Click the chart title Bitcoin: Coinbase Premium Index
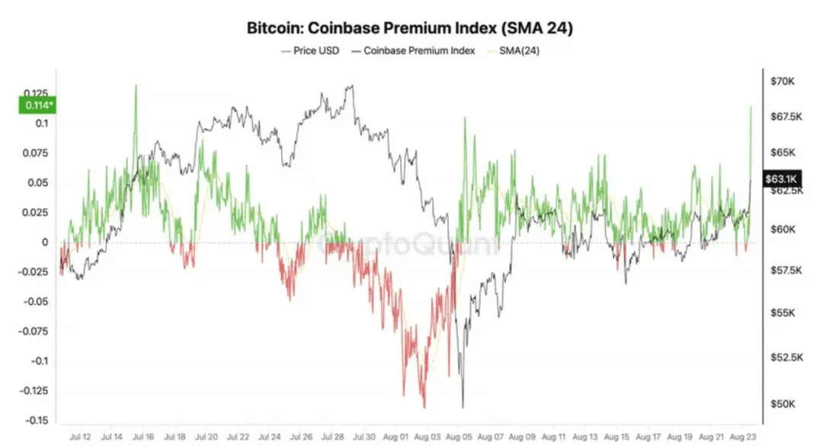click(x=411, y=29)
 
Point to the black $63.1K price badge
click(x=781, y=178)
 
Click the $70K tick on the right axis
click(x=783, y=81)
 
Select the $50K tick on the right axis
click(x=783, y=404)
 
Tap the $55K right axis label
click(x=783, y=314)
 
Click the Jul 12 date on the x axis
click(x=80, y=437)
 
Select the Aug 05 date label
click(x=459, y=437)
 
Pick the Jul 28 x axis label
click(x=333, y=437)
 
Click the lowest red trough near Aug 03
click(x=424, y=407)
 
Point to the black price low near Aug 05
click(x=463, y=407)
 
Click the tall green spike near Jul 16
click(x=136, y=85)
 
